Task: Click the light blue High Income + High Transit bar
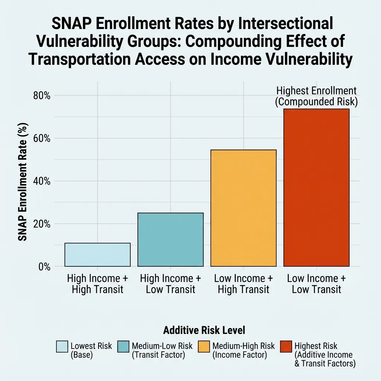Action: pos(97,255)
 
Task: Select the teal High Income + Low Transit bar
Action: pos(170,240)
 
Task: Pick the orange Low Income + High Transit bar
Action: pos(243,208)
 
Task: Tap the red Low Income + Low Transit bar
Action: pos(316,188)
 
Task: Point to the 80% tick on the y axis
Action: pos(42,96)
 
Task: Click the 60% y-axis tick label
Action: pos(42,138)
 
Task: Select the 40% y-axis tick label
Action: pos(42,181)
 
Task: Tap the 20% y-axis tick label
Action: pos(42,224)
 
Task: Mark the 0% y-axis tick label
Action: pos(44,267)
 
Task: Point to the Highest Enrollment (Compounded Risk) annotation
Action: pos(316,96)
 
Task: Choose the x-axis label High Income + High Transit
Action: pos(97,284)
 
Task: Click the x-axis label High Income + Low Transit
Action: pos(170,284)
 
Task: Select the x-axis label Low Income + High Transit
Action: pos(243,284)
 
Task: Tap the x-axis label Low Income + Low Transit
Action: pos(316,284)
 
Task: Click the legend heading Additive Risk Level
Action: pos(204,330)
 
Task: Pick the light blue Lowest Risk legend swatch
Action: pos(62,347)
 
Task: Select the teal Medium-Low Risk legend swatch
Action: pos(123,347)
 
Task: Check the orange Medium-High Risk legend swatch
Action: pos(204,347)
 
